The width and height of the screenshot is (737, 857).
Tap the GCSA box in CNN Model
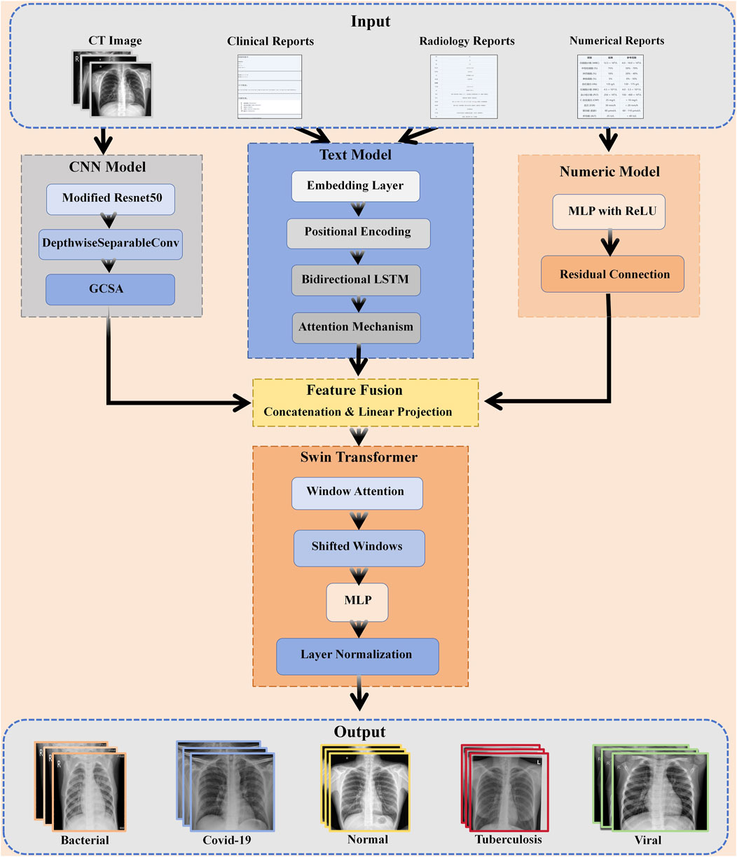click(110, 289)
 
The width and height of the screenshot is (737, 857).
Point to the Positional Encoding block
click(358, 232)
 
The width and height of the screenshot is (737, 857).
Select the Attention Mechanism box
click(356, 327)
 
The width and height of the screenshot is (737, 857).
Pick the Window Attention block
click(357, 492)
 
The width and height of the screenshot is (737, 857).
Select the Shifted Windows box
click(358, 547)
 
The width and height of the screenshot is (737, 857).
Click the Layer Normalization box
click(357, 655)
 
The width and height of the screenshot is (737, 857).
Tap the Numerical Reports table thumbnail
click(617, 86)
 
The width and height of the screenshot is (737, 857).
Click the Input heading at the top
click(370, 22)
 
